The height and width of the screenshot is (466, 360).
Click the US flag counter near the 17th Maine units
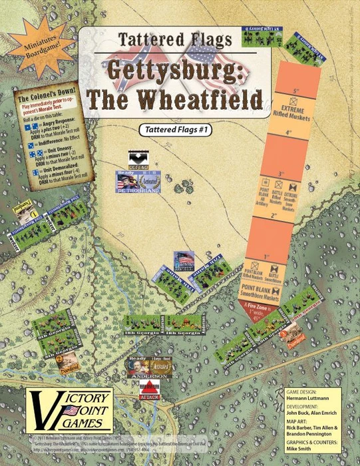point(184,259)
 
